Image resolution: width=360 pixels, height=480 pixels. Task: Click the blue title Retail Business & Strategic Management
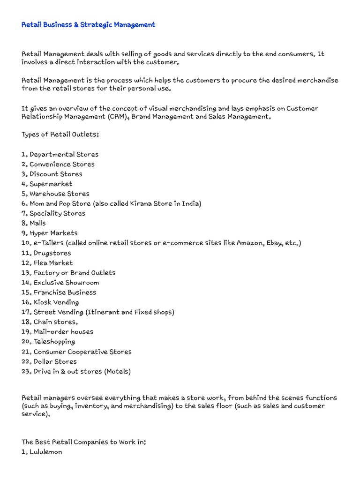point(88,24)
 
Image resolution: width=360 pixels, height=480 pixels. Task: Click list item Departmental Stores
point(64,154)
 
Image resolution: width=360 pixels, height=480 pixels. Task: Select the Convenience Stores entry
point(62,164)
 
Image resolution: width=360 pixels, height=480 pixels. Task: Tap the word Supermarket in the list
point(51,184)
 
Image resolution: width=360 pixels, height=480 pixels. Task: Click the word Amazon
point(249,243)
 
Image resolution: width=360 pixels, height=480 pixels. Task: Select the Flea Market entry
point(53,262)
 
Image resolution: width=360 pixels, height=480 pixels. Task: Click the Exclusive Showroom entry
point(66,282)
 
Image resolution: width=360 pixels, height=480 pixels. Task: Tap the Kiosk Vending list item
point(56,302)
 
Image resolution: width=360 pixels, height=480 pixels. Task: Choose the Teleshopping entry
point(54,341)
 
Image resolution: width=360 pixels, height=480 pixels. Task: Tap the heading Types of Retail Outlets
point(60,135)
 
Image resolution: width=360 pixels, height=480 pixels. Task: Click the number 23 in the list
point(26,371)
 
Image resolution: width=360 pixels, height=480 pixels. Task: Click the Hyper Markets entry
point(53,233)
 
